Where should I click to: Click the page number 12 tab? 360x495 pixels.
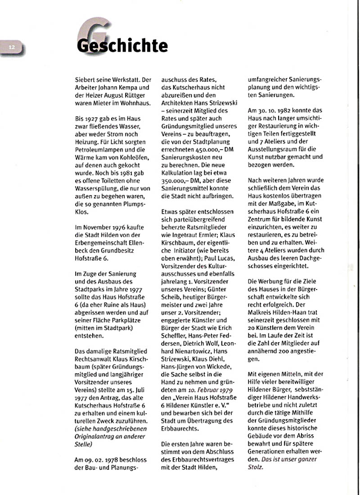click(x=12, y=46)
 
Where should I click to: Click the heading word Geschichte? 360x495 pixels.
click(x=121, y=45)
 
